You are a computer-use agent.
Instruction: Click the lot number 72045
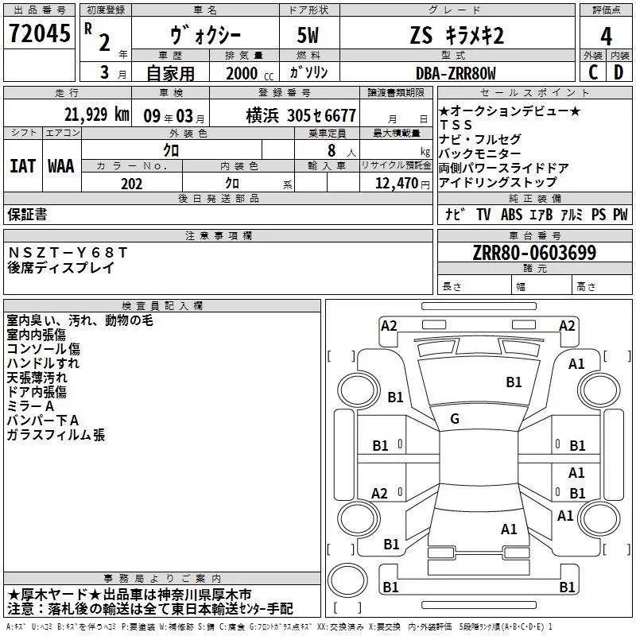[39, 33]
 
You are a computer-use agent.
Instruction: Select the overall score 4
[606, 36]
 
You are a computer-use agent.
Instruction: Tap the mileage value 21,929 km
[96, 114]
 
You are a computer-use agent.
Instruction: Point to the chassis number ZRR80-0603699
[534, 253]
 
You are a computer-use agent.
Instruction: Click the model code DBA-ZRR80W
[456, 73]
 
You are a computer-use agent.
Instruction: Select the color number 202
[131, 184]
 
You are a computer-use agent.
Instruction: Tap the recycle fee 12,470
[397, 183]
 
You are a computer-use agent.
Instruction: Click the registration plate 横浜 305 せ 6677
[301, 115]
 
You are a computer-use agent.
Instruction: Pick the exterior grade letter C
[593, 72]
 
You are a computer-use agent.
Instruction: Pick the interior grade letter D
[619, 72]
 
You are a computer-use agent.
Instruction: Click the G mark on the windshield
[455, 419]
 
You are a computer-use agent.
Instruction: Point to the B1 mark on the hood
[514, 382]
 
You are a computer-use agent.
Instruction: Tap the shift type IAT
[22, 166]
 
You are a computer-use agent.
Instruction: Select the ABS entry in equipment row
[511, 214]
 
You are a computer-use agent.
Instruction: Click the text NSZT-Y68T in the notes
[68, 252]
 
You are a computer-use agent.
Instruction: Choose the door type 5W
[308, 35]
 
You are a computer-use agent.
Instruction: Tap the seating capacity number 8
[332, 150]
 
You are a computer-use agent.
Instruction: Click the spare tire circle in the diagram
[347, 580]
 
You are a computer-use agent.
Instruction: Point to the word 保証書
[27, 214]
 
